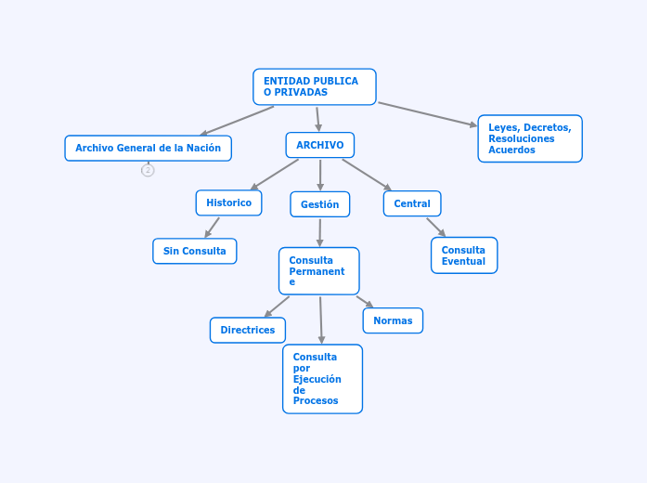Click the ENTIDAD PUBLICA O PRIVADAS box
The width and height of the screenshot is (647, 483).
pos(314,86)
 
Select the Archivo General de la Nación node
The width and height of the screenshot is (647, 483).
pos(148,148)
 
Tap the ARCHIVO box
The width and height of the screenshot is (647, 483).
pos(319,145)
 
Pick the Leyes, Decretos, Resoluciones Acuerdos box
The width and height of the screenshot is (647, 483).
pos(529,138)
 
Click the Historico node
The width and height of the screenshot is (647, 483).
pos(228,202)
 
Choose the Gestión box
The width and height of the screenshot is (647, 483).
pos(319,204)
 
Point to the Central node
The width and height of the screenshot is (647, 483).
pos(411,203)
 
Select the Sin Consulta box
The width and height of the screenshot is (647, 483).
pos(194,251)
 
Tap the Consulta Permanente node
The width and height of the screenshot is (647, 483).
pos(318,270)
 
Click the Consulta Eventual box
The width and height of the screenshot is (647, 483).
pos(463,255)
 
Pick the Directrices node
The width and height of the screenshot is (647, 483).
pos(247,330)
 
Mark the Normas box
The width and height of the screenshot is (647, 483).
pos(392,320)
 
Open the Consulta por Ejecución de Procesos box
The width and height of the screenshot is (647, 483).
pos(322,379)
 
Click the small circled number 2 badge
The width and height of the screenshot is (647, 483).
pos(148,170)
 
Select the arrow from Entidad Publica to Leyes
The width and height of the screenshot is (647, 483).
pos(427,114)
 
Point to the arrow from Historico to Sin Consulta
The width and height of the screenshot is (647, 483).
pos(213,227)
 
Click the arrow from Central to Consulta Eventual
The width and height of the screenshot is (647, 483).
pos(435,227)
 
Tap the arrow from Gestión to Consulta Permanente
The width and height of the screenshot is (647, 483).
pos(319,232)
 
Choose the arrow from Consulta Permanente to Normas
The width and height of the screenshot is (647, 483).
pos(364,301)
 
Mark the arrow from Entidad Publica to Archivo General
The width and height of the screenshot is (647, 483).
pos(237,121)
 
